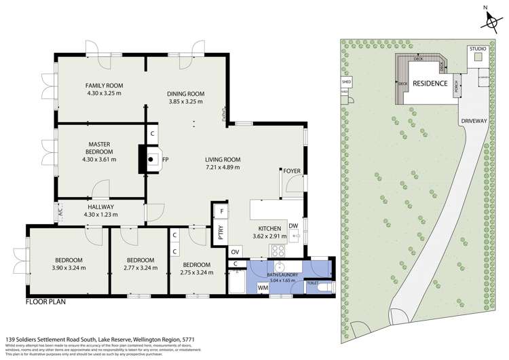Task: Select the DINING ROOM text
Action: [186, 93]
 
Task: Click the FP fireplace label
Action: [165, 160]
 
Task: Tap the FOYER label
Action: [292, 170]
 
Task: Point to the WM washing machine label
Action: [262, 288]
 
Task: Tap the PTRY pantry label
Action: [221, 234]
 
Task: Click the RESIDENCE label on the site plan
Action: [431, 84]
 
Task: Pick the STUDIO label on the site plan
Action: [478, 49]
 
